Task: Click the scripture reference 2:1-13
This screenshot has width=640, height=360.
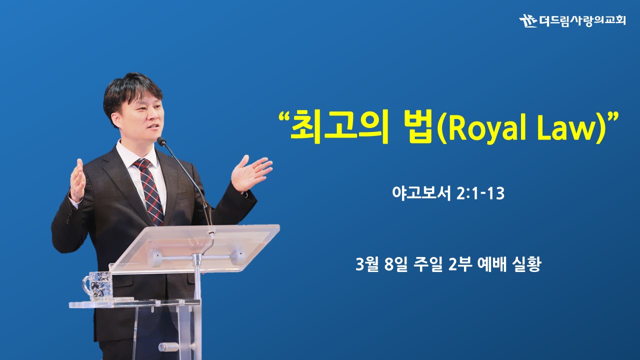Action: (x=480, y=193)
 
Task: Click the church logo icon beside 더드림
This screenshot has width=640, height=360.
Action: (x=527, y=20)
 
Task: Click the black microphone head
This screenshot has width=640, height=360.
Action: (x=161, y=141)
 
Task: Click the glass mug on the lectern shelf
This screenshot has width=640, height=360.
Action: (x=97, y=286)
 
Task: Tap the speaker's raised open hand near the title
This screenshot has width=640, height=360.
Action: (x=250, y=172)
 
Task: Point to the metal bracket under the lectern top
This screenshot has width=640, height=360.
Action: (x=196, y=257)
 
